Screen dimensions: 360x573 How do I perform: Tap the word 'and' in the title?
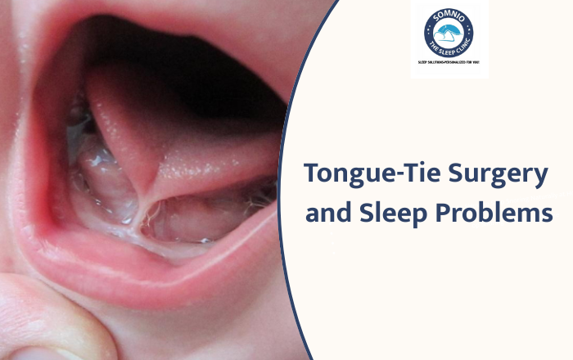[x=327, y=215]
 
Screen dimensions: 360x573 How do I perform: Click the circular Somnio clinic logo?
[x=449, y=33]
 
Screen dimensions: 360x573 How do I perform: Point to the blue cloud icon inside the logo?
[x=449, y=33]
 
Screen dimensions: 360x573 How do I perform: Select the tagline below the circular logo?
[x=449, y=62]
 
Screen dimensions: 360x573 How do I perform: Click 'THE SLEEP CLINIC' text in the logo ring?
[x=449, y=52]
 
